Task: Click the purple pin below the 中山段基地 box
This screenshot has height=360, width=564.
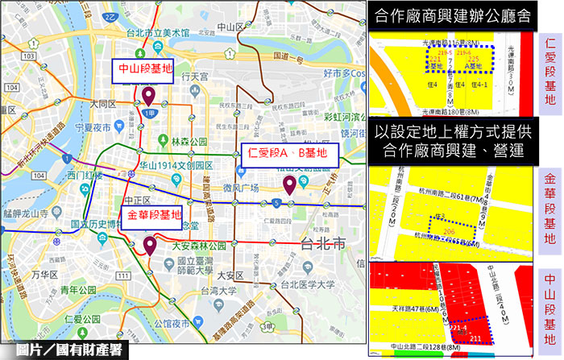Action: tap(148, 97)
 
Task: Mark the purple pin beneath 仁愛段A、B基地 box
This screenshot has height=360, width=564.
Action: tap(288, 187)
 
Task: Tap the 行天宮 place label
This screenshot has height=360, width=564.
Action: tap(195, 77)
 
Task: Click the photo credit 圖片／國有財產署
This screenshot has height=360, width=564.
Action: tap(63, 350)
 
